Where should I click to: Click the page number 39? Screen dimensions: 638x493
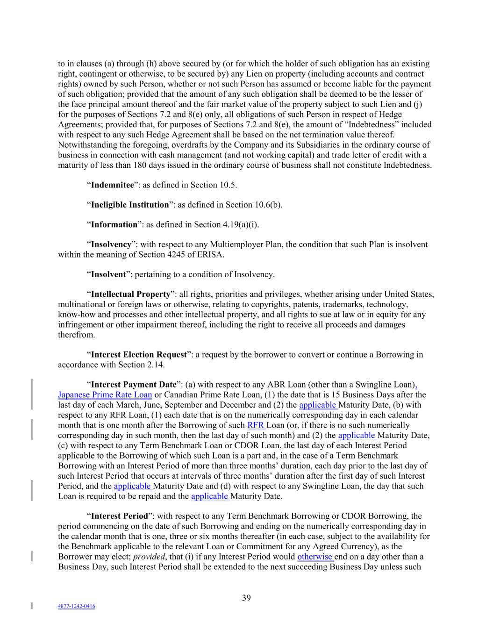(x=247, y=598)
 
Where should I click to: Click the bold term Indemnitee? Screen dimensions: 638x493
(x=112, y=185)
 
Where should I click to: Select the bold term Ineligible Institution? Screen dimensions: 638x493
(x=129, y=205)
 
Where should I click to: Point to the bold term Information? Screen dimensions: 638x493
(x=114, y=225)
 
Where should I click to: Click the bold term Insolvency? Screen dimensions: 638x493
(x=111, y=244)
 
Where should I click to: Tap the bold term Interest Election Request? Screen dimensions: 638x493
(x=139, y=355)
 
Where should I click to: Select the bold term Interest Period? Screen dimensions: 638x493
(x=120, y=516)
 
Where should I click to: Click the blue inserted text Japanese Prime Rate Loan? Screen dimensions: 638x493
(x=105, y=395)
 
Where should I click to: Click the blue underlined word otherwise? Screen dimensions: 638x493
(x=315, y=557)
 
